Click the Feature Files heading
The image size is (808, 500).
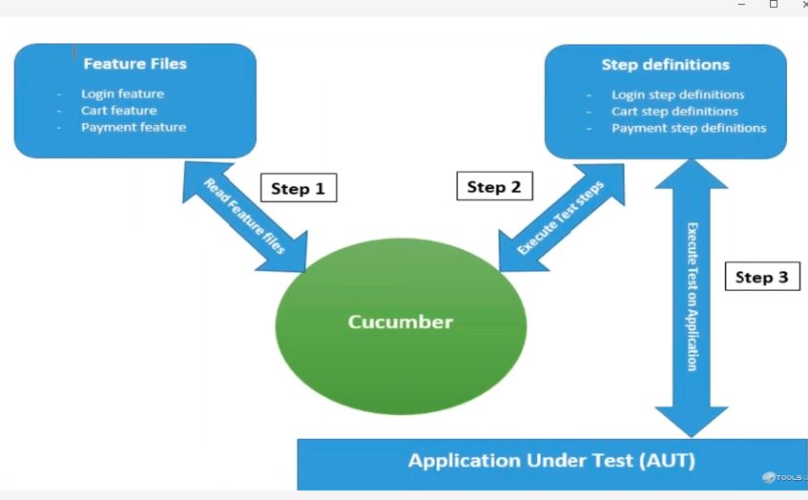(x=135, y=64)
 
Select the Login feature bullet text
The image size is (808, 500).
(x=122, y=94)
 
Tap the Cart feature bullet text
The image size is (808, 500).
(x=118, y=110)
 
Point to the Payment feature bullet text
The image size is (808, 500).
(x=134, y=127)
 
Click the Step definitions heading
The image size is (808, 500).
(x=665, y=65)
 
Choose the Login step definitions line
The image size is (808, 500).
(x=677, y=94)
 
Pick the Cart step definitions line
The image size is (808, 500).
(x=674, y=111)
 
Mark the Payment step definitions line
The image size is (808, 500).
(x=689, y=127)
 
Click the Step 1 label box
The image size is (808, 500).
(x=298, y=188)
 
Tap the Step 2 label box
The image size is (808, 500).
(x=494, y=186)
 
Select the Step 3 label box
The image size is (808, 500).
(x=761, y=277)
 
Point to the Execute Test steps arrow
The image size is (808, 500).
(x=561, y=218)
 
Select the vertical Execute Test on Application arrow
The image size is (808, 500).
(x=692, y=297)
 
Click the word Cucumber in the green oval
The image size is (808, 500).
(x=401, y=322)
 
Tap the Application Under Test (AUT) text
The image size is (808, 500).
(x=551, y=461)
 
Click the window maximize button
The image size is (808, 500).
(x=774, y=5)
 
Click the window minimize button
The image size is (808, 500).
(x=741, y=5)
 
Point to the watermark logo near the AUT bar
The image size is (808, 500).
(x=769, y=477)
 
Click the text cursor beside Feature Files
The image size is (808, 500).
(x=75, y=53)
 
